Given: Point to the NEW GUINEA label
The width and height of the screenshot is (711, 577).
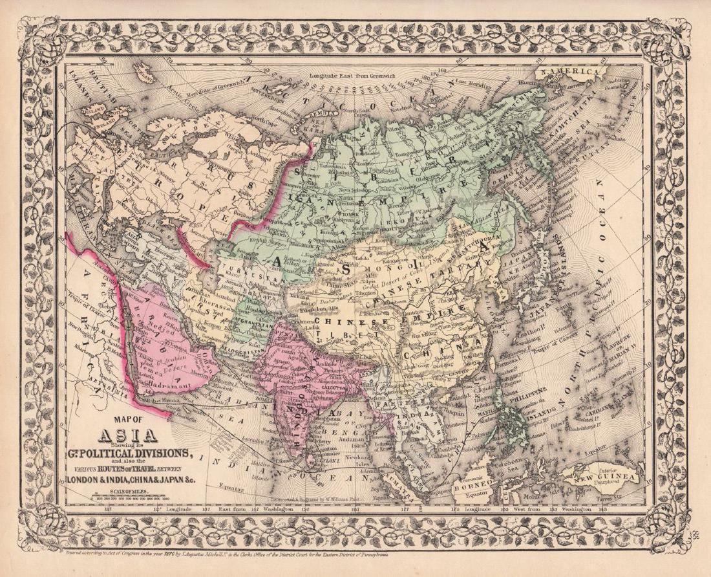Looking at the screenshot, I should pyautogui.click(x=605, y=479).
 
